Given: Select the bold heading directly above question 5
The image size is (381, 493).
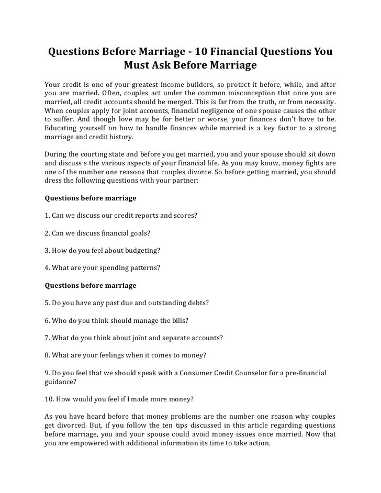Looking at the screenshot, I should pyautogui.click(x=91, y=285).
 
